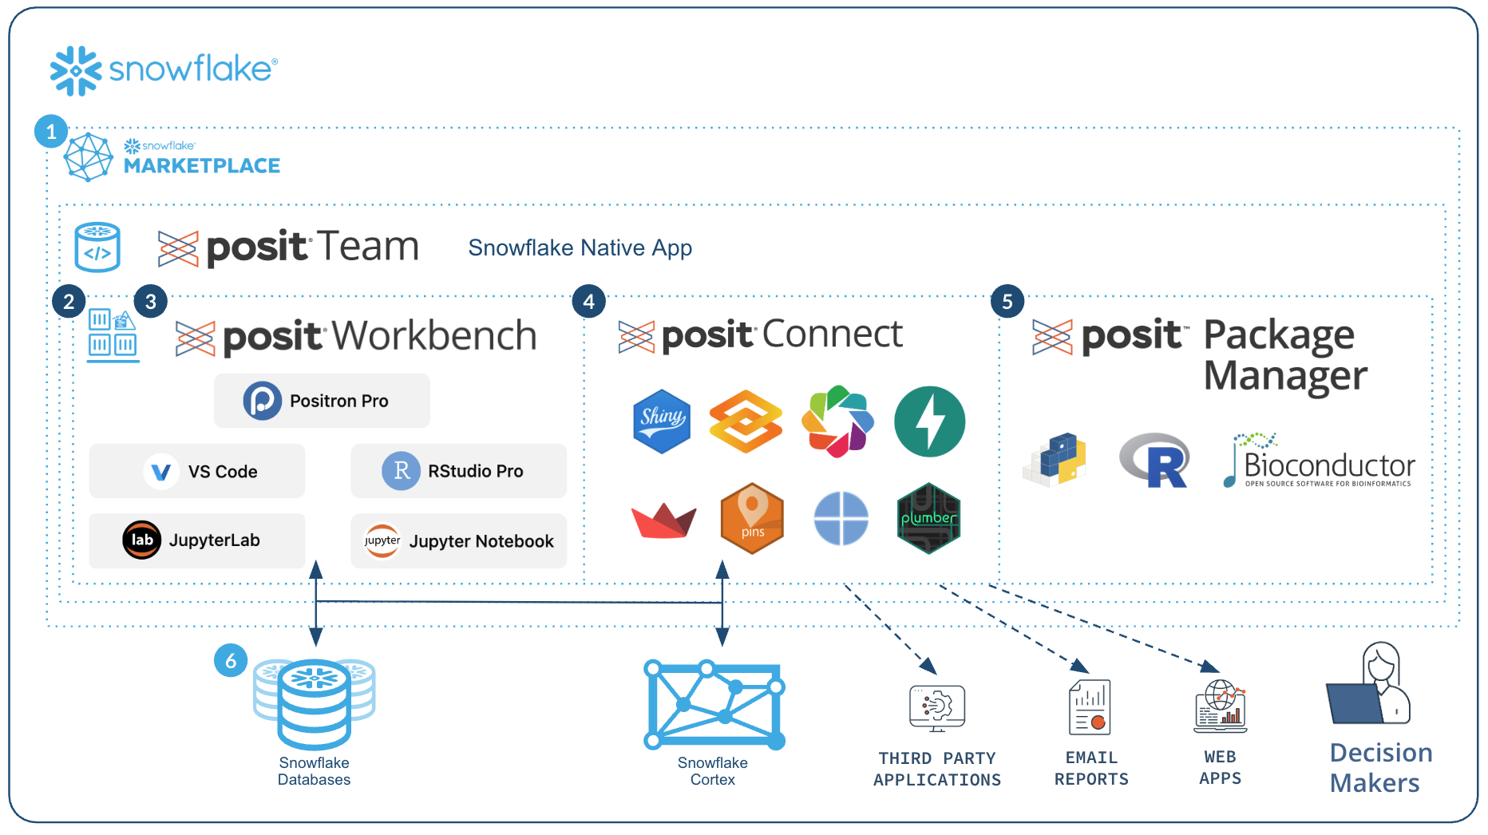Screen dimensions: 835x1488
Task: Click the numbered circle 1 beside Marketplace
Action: click(x=51, y=132)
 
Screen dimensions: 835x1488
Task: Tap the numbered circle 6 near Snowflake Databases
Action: click(x=231, y=660)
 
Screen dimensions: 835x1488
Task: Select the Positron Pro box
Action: click(x=322, y=401)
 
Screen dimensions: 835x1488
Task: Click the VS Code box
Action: click(x=197, y=471)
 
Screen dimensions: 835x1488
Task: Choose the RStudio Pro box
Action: click(x=458, y=471)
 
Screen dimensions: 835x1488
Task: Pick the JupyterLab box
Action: click(x=197, y=540)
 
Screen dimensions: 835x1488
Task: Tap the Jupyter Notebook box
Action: click(x=458, y=540)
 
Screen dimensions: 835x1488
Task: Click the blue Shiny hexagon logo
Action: click(x=661, y=421)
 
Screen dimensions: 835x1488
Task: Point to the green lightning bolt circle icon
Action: click(x=929, y=421)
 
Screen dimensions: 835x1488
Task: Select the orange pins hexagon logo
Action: click(x=751, y=518)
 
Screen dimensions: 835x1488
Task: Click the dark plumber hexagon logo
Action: click(x=928, y=518)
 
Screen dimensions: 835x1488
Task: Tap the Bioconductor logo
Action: click(x=1319, y=461)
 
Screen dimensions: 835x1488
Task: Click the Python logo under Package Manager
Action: click(x=1055, y=460)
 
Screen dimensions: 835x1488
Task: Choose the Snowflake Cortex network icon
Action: click(x=714, y=704)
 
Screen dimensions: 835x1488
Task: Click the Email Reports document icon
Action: click(x=1090, y=706)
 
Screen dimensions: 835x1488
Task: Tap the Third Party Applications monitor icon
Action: click(x=936, y=707)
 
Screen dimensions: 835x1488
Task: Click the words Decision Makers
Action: click(x=1380, y=767)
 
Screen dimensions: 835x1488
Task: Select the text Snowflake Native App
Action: click(x=580, y=247)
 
